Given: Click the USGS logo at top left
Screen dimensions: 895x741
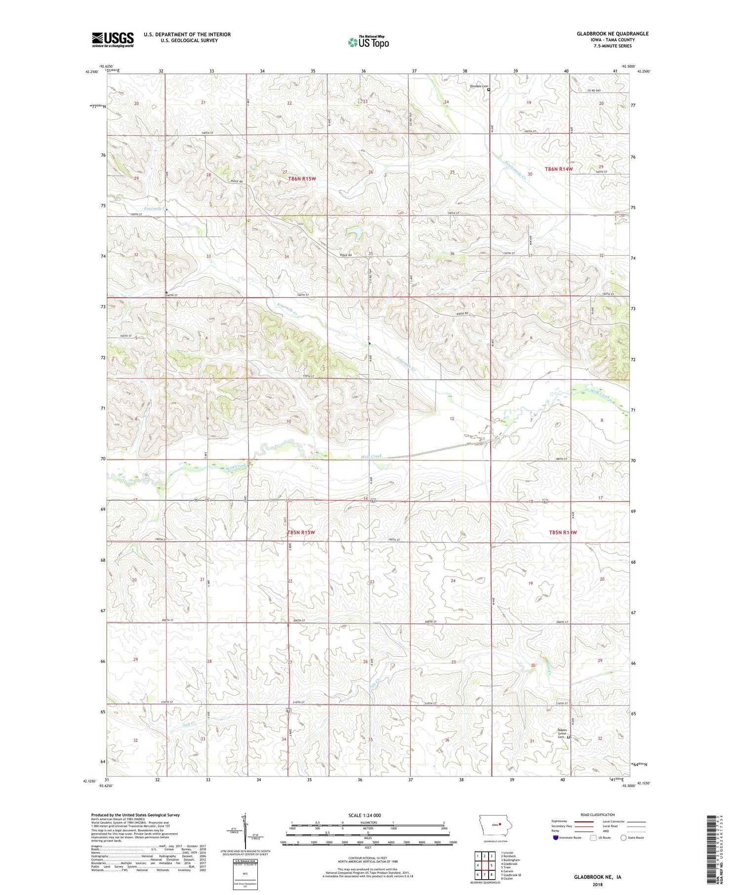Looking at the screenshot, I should click(x=113, y=39).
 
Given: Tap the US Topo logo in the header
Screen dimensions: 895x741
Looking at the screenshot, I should click(x=368, y=42).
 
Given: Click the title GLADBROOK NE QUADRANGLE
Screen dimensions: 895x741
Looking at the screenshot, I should click(x=613, y=34).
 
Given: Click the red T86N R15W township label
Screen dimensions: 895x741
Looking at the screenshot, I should click(x=301, y=179).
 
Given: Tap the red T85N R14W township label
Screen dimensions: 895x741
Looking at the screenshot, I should click(x=563, y=533).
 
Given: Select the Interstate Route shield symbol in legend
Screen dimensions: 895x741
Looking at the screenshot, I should click(x=556, y=837).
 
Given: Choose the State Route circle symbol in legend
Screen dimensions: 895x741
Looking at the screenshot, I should click(x=623, y=837).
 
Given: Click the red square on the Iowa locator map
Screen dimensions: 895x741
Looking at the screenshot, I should click(x=500, y=823).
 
